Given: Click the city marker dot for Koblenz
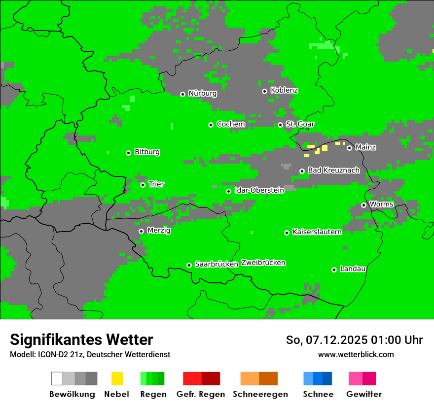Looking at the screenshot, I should point(264,91).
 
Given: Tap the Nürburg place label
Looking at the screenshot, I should point(202,94).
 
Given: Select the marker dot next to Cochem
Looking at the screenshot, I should point(211,125).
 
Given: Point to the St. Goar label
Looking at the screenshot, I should point(300,124).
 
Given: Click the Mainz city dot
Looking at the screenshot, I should point(349,148).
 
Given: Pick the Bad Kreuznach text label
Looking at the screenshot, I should point(333,170).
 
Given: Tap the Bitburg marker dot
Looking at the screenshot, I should point(128,153).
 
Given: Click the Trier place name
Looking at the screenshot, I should point(156,184).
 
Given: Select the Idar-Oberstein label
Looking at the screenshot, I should point(259,190).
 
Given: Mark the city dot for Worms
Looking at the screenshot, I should point(363,205).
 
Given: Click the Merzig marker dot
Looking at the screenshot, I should point(141,231).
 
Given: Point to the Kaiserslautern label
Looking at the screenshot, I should point(317,232).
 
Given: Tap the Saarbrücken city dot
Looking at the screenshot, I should point(189,265).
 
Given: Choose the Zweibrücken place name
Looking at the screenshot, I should point(263,263).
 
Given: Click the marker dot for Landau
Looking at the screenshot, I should point(334,270).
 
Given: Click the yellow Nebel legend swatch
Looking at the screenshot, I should point(117,378).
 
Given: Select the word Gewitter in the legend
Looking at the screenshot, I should point(363,394).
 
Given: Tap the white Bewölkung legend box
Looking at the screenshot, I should point(57,378).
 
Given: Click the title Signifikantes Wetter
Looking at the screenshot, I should point(81,340).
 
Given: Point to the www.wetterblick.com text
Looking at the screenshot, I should point(356,354).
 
